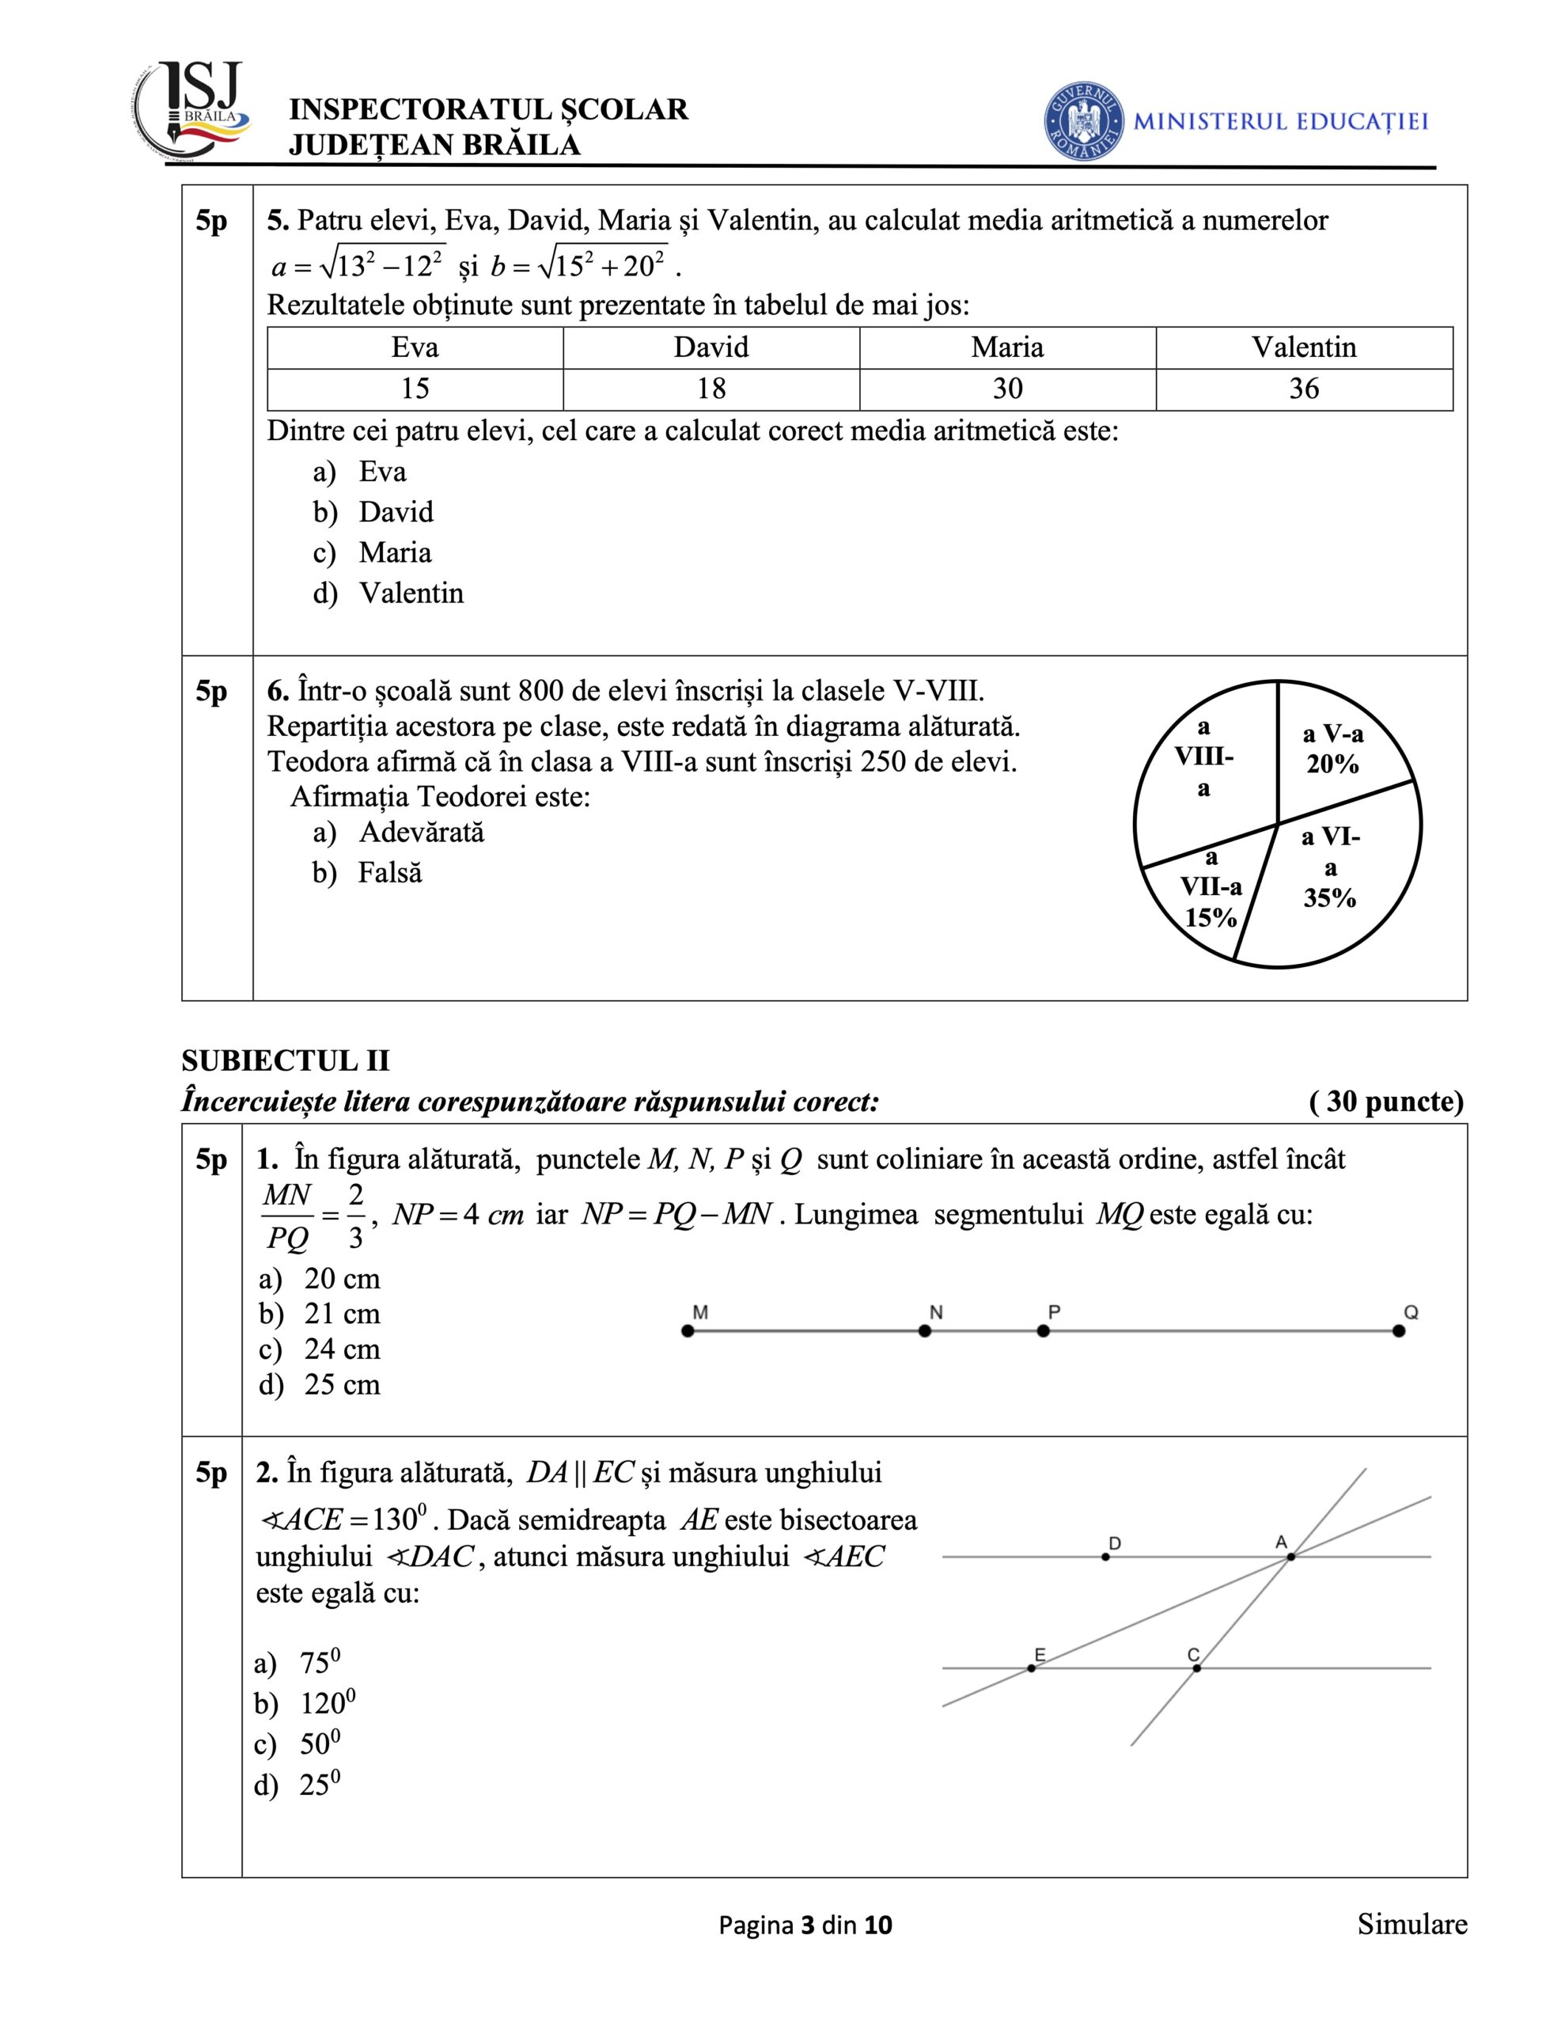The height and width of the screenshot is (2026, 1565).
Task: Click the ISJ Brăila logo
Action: (193, 112)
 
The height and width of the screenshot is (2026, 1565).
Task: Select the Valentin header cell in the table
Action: (1303, 348)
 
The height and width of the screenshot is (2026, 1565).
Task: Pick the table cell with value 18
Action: (711, 389)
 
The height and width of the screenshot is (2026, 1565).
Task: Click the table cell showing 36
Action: (1303, 389)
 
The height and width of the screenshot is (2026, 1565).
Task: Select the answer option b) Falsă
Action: (368, 873)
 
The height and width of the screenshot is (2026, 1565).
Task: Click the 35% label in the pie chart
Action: (1329, 898)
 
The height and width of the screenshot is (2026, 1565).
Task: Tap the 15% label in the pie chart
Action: (1211, 917)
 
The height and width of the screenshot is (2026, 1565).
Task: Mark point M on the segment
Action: (688, 1331)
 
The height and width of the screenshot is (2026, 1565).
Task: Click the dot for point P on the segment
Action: (1044, 1331)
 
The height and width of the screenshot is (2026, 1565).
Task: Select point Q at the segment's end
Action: (1399, 1331)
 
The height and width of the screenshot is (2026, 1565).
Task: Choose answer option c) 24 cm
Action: (320, 1349)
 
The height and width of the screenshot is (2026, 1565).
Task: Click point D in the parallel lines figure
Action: (1105, 1557)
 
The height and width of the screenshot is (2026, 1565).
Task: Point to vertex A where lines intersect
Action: (1290, 1557)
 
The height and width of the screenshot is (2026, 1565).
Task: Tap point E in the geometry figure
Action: (1032, 1669)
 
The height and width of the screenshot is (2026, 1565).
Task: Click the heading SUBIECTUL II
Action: (286, 1061)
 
